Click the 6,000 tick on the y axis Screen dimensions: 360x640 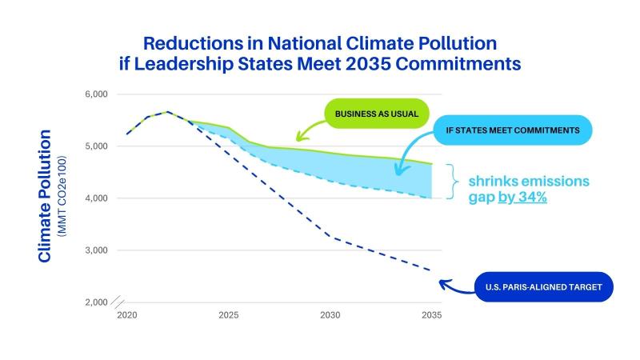95,94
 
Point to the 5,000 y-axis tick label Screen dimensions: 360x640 95,146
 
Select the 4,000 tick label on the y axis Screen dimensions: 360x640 95,198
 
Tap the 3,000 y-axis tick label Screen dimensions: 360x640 95,250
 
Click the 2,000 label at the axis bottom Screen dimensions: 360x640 95,302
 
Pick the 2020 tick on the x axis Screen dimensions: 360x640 126,316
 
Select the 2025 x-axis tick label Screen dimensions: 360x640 228,316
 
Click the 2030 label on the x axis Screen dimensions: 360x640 330,316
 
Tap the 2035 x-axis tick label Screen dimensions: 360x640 431,316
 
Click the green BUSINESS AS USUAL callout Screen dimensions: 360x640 376,113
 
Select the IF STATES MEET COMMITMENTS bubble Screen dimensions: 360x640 512,130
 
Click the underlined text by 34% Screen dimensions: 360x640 522,197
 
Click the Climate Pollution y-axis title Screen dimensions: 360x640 45,196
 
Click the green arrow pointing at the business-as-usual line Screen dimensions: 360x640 308,130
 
